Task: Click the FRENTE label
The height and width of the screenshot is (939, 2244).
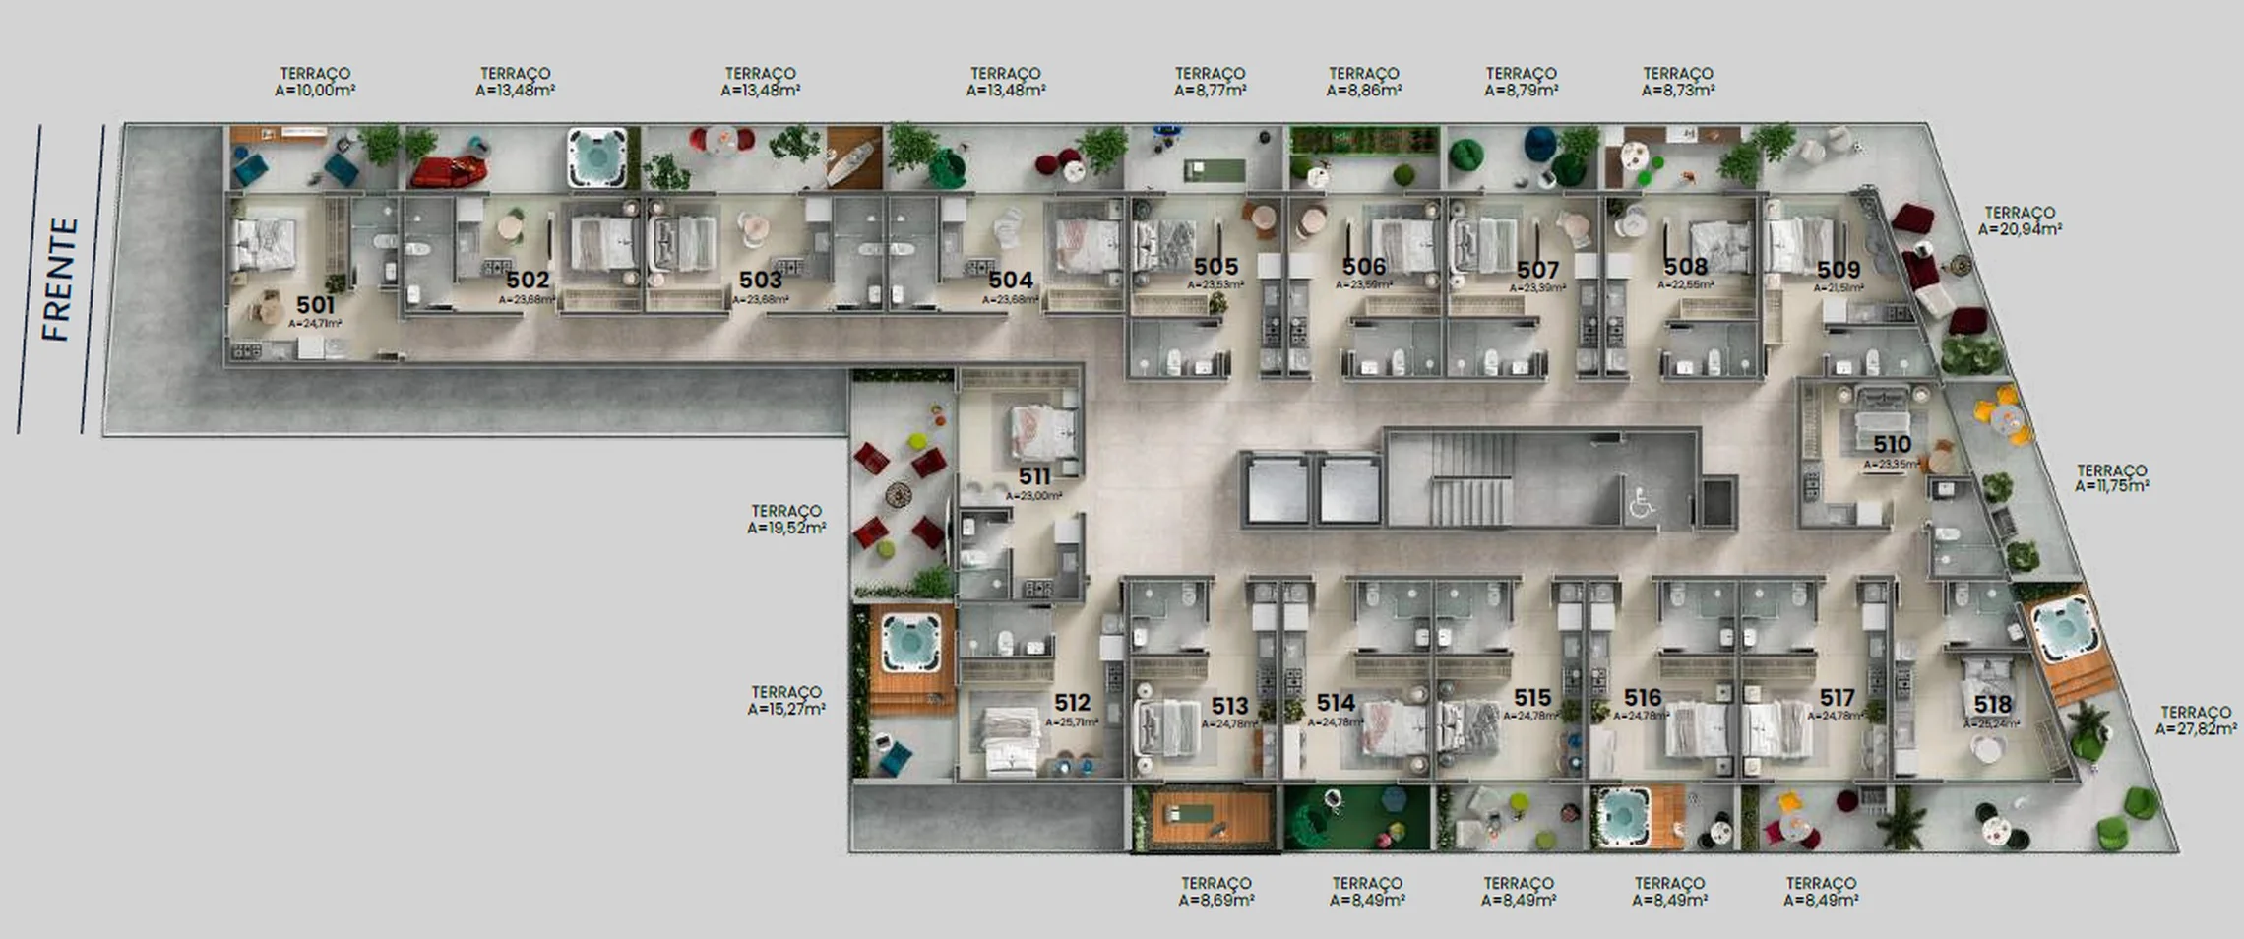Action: (59, 281)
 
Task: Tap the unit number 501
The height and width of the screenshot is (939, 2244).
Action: (316, 305)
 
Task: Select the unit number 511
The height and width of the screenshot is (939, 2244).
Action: (1034, 476)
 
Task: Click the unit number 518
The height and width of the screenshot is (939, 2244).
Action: (1992, 705)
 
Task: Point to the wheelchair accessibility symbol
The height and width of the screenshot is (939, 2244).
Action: (1640, 504)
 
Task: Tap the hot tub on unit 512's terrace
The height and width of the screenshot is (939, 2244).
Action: (904, 641)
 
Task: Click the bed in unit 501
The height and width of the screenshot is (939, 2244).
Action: (264, 242)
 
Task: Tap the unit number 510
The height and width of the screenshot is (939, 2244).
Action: (1892, 445)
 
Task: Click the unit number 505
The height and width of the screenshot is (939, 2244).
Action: (1215, 267)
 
